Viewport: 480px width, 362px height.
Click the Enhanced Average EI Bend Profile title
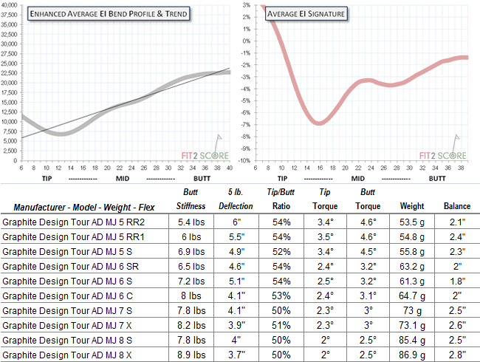[108, 14]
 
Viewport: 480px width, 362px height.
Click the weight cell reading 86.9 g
[411, 354]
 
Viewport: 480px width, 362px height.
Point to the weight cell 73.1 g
[411, 324]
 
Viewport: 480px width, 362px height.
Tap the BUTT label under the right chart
[436, 179]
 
